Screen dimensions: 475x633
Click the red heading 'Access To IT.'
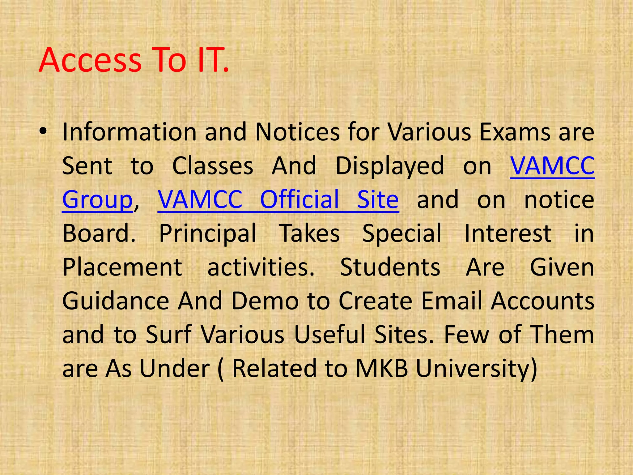pyautogui.click(x=134, y=60)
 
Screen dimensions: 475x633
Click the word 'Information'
pyautogui.click(x=129, y=132)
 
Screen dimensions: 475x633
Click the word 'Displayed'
pyautogui.click(x=390, y=166)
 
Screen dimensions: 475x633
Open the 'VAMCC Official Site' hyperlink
pyautogui.click(x=278, y=200)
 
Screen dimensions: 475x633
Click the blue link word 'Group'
pyautogui.click(x=97, y=200)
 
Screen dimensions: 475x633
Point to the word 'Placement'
pyautogui.click(x=122, y=267)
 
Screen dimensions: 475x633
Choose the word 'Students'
pyautogui.click(x=390, y=267)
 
